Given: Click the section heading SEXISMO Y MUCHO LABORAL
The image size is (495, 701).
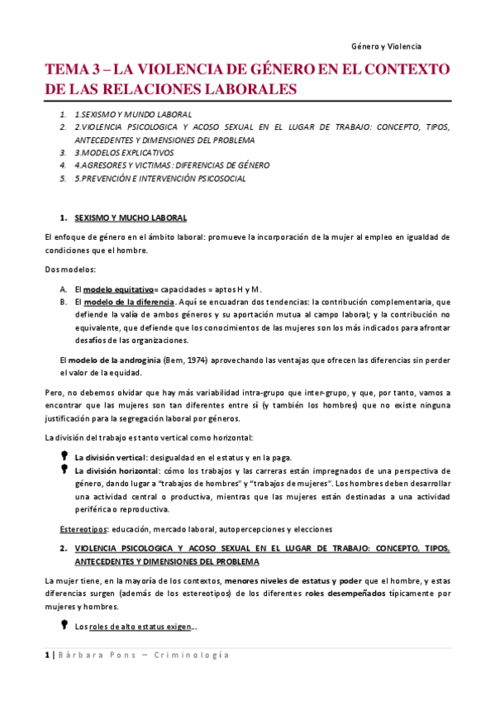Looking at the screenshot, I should (131, 218).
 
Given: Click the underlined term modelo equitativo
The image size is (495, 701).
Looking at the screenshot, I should (118, 289).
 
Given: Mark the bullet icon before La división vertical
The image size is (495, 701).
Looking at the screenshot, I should (64, 455).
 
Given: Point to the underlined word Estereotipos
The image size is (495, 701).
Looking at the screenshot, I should (83, 528).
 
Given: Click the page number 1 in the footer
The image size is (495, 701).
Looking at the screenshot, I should (47, 655).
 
